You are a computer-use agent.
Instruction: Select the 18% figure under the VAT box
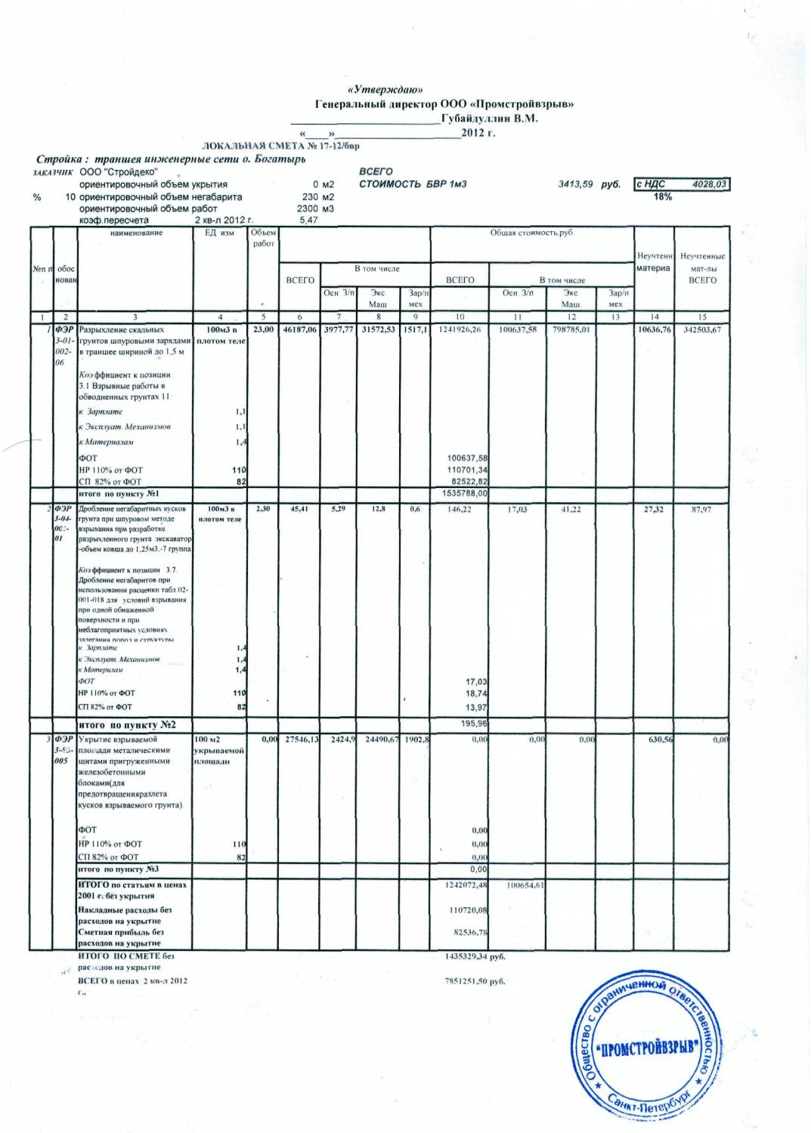[x=663, y=196]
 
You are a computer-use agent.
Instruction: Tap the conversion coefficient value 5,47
[x=309, y=220]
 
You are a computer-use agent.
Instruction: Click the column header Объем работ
[x=263, y=238]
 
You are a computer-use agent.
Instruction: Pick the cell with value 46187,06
[x=299, y=330]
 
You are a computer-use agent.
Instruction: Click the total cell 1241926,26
[x=460, y=330]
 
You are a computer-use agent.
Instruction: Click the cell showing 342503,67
[x=703, y=330]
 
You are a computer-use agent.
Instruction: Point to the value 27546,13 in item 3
[x=299, y=739]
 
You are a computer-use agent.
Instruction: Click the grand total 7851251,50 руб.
[x=475, y=981]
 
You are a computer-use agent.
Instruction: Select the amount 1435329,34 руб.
[x=475, y=956]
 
